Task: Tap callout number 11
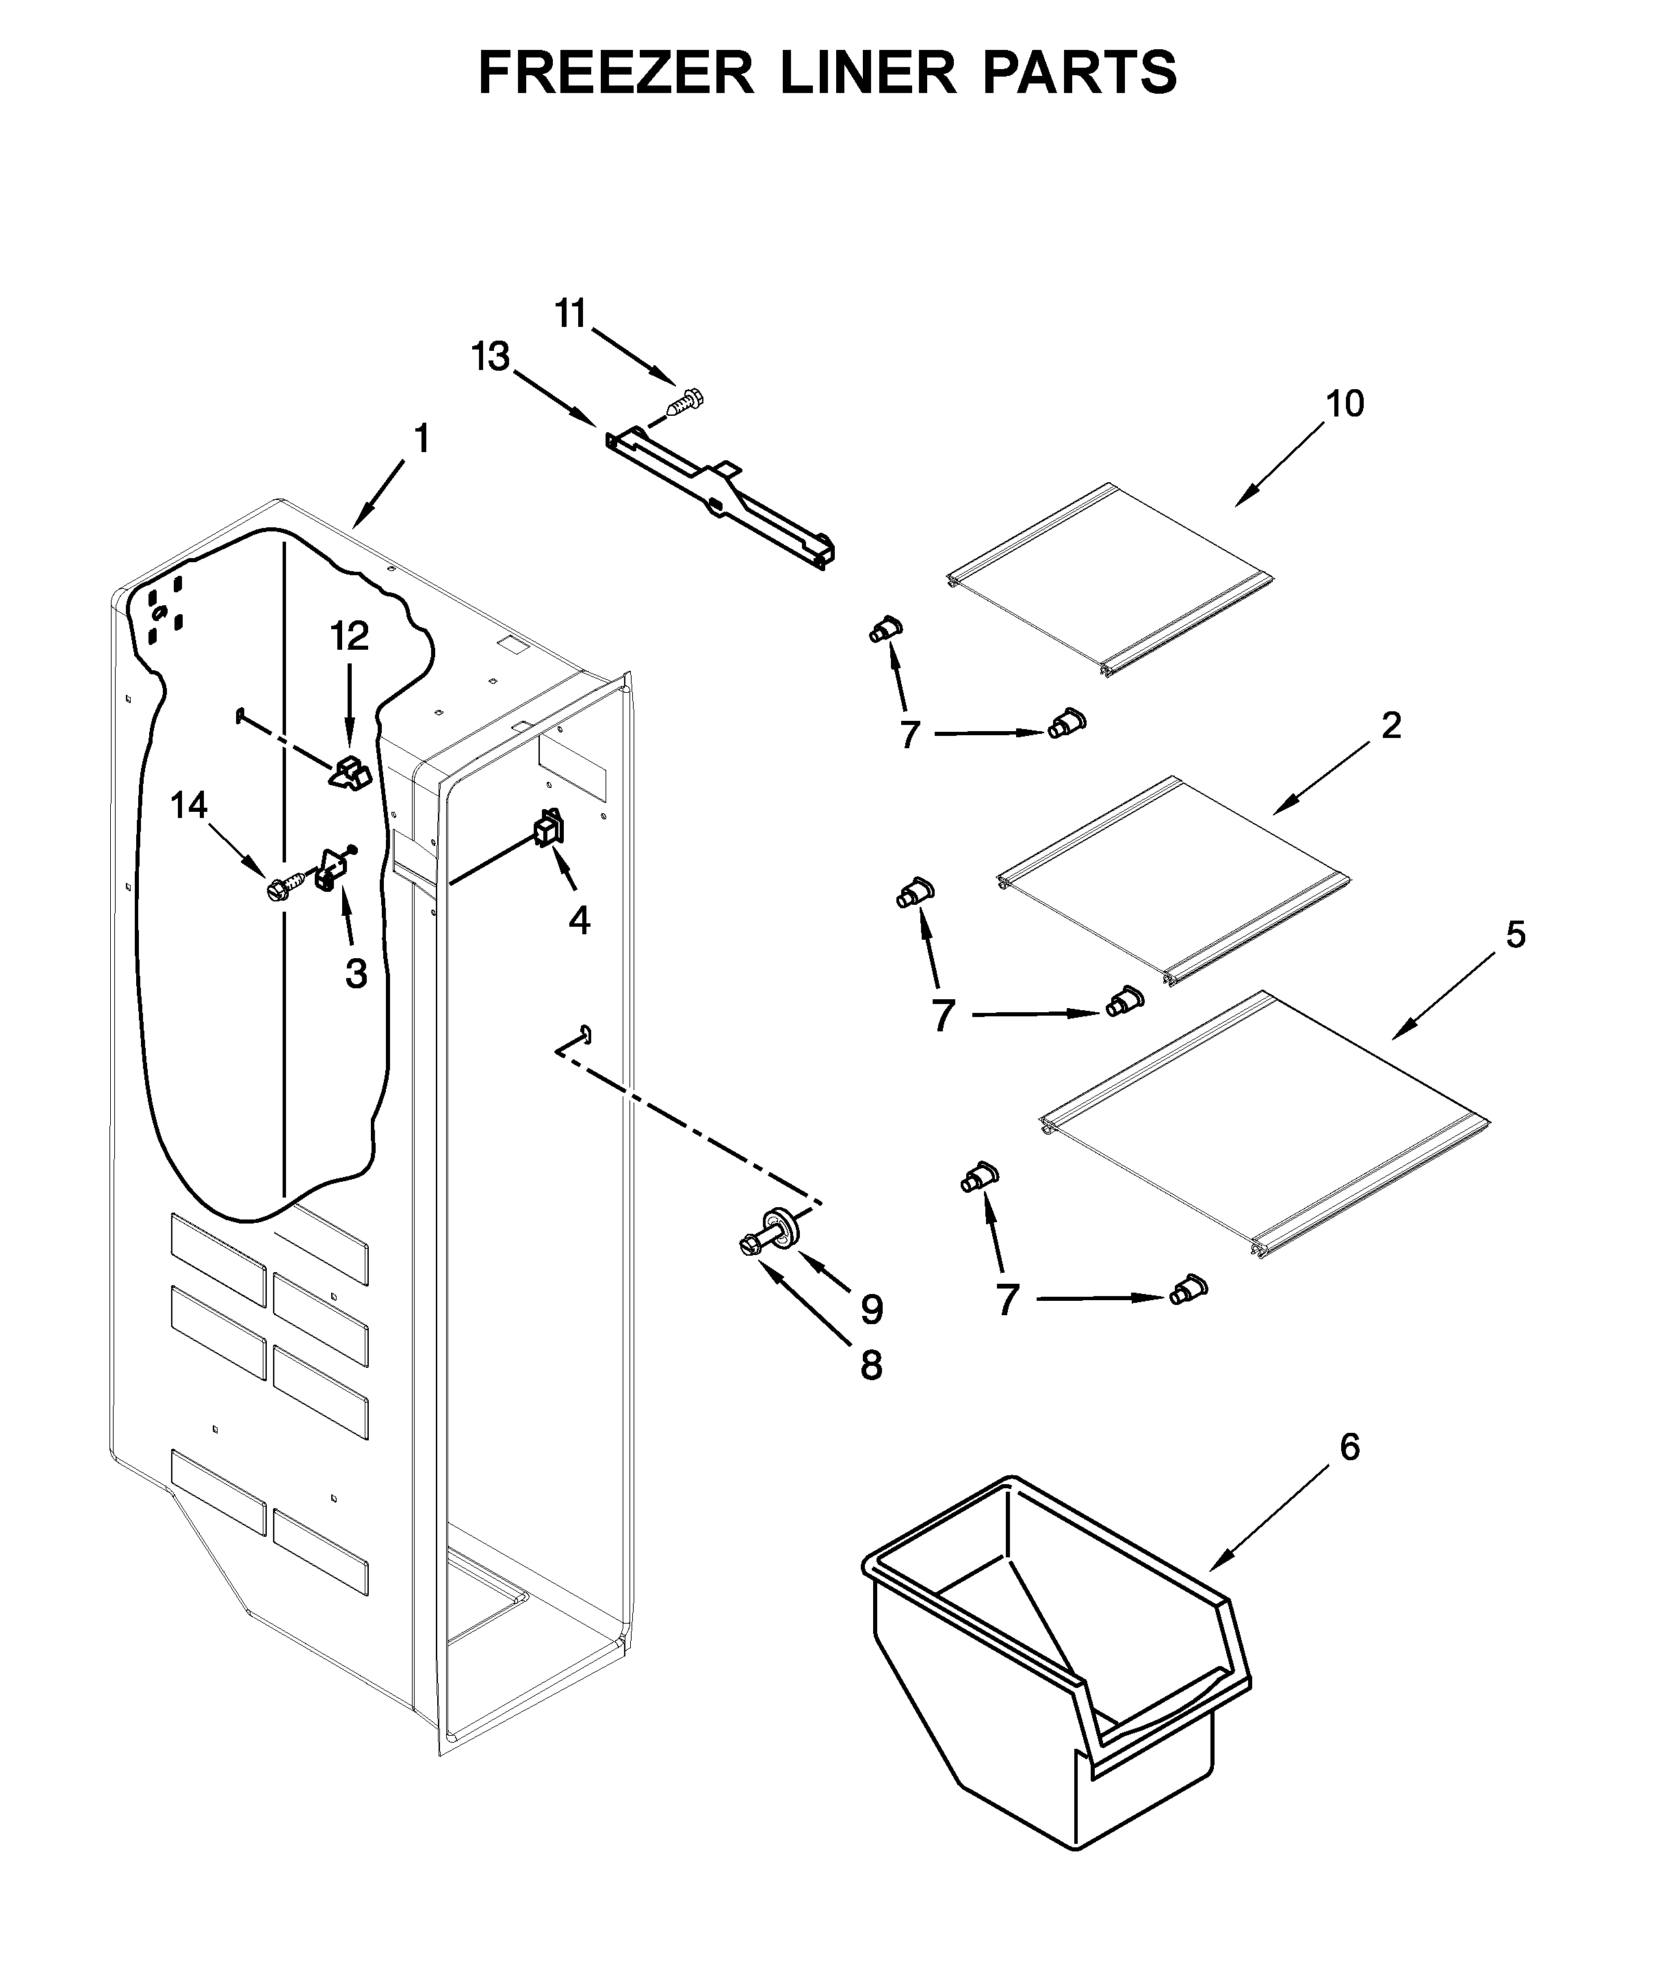[570, 314]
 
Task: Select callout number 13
[491, 358]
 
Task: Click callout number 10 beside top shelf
[1345, 404]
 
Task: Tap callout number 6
[1349, 1447]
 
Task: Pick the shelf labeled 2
[1171, 880]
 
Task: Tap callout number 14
[189, 805]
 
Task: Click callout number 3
[356, 974]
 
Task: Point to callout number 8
[872, 1366]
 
